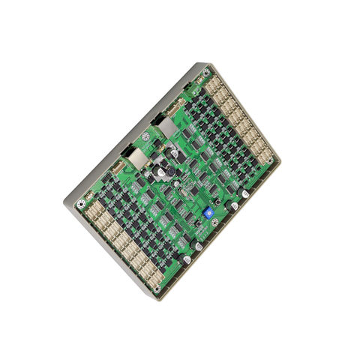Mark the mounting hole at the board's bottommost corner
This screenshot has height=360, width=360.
click(157, 288)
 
